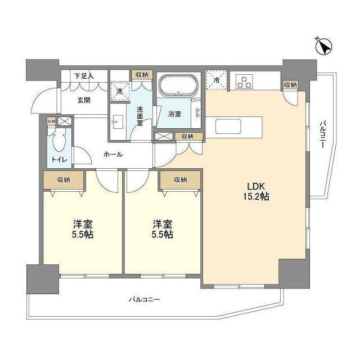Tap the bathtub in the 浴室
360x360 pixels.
tap(178, 86)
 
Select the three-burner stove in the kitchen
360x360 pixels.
tap(244, 81)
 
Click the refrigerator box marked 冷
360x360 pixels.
tap(217, 79)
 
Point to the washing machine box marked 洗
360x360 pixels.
tap(119, 90)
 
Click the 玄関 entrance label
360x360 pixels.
tap(84, 100)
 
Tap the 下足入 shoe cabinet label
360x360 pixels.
tap(84, 75)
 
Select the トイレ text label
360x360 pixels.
tap(59, 159)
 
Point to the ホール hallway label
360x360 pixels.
tap(112, 154)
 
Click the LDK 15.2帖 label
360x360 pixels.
tap(256, 192)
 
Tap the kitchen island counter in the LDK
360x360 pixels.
tap(238, 125)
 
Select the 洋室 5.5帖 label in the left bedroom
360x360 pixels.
tap(82, 228)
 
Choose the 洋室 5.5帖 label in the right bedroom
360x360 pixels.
tap(162, 228)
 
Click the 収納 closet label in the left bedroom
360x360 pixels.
tap(64, 180)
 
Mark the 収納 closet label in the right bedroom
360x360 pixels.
tap(179, 180)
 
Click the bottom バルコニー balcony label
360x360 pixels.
tap(143, 300)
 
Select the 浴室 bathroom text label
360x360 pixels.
tap(174, 114)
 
